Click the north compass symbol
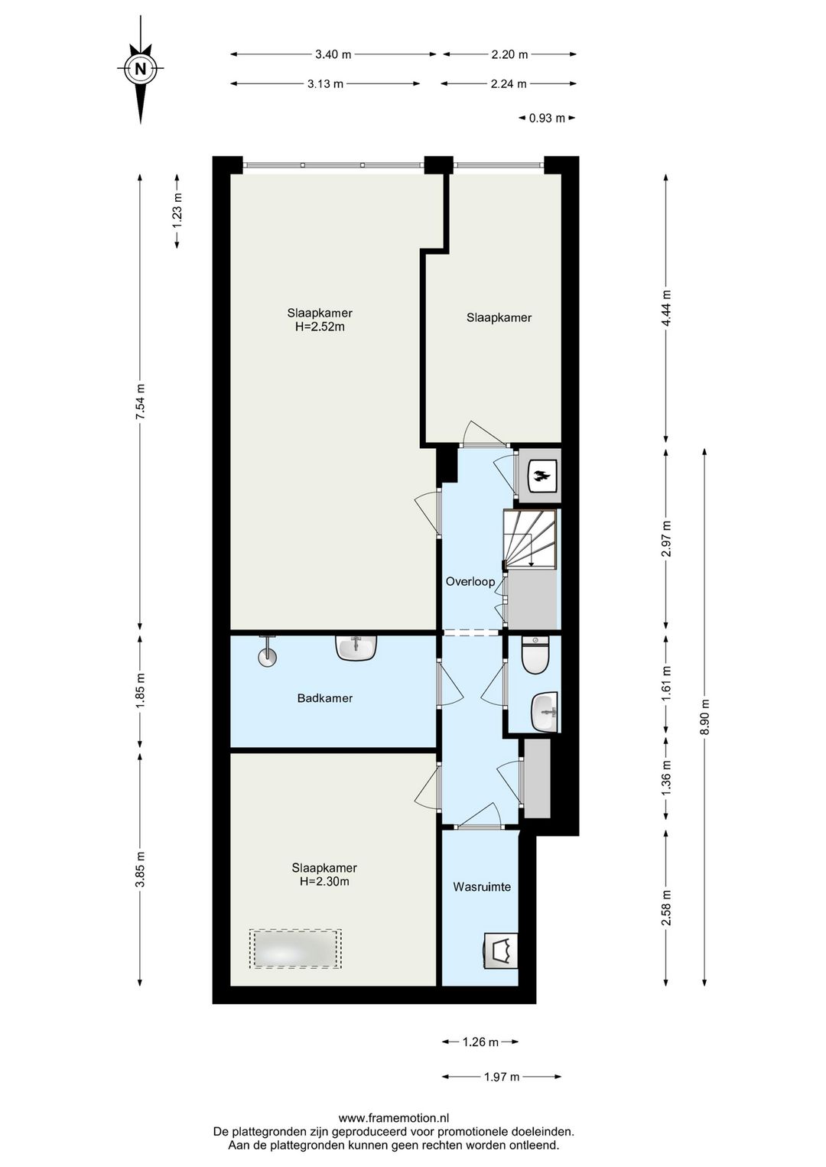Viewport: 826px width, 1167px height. [140, 68]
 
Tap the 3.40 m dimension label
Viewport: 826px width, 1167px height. [333, 54]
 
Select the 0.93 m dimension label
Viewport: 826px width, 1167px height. [547, 119]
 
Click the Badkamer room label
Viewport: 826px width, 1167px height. [325, 698]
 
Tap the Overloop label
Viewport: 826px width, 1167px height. [470, 581]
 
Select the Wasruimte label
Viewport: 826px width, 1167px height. [482, 886]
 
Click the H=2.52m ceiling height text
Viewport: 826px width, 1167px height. [320, 327]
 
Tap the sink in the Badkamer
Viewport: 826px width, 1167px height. [356, 648]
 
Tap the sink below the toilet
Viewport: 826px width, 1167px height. [545, 712]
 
